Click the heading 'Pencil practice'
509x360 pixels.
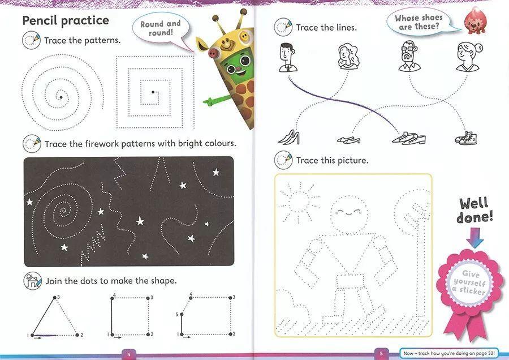(x=66, y=20)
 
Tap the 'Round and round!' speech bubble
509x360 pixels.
(x=161, y=29)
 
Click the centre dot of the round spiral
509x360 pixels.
(x=61, y=97)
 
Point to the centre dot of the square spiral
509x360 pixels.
(x=153, y=92)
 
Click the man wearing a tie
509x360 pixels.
(x=288, y=58)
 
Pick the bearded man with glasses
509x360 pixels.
(x=409, y=56)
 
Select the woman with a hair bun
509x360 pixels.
(x=468, y=57)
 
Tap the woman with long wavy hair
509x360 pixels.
(x=348, y=57)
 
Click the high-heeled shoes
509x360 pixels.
(x=288, y=138)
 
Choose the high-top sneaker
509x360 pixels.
(x=466, y=139)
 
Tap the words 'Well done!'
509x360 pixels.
(x=475, y=210)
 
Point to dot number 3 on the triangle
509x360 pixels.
(x=54, y=297)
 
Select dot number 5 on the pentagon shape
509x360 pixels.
(x=182, y=314)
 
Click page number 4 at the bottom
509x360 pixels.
(x=129, y=354)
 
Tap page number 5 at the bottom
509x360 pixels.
(x=381, y=354)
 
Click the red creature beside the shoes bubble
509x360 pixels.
(x=475, y=22)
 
